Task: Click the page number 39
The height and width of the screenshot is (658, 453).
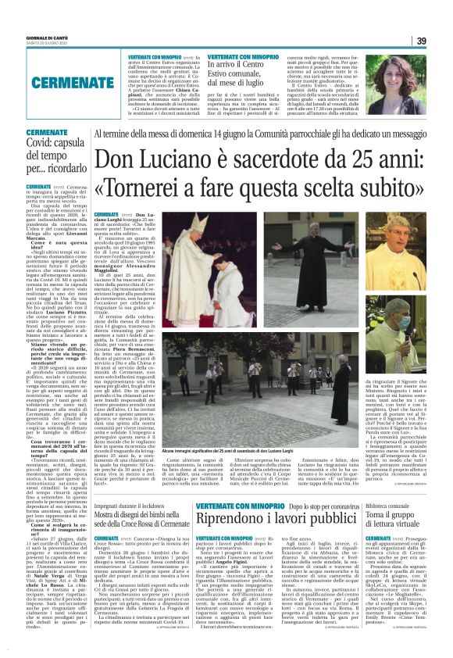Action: coord(420,41)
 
